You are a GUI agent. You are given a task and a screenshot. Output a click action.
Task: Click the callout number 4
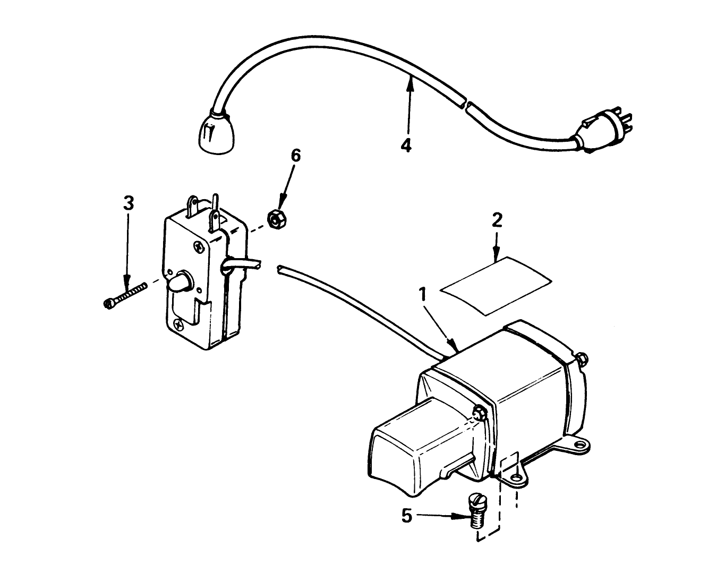click(x=406, y=145)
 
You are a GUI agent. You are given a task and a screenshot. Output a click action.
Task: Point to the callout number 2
click(x=496, y=220)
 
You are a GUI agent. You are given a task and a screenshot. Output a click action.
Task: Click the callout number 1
click(x=423, y=293)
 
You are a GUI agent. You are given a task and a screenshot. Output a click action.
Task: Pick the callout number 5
click(x=406, y=516)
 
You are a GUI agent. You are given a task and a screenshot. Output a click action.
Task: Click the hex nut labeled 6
click(x=275, y=219)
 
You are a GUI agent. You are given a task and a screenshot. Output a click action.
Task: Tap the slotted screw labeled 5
click(x=476, y=510)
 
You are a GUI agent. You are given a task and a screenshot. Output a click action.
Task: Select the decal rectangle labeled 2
click(x=496, y=285)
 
